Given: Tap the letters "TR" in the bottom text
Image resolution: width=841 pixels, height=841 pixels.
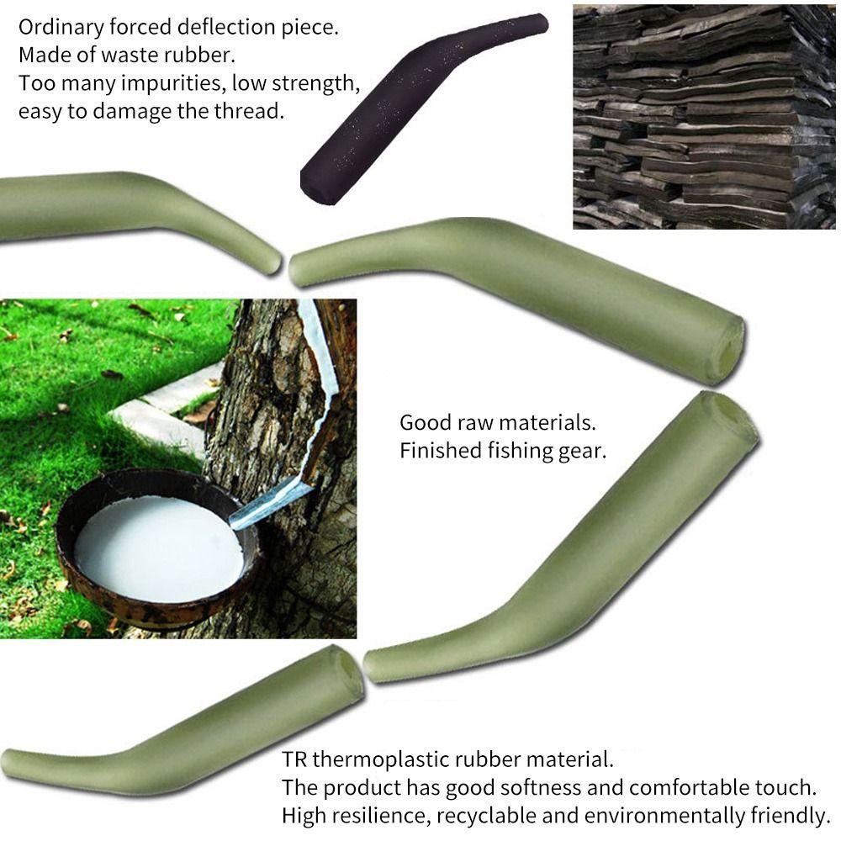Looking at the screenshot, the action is coord(294,760).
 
